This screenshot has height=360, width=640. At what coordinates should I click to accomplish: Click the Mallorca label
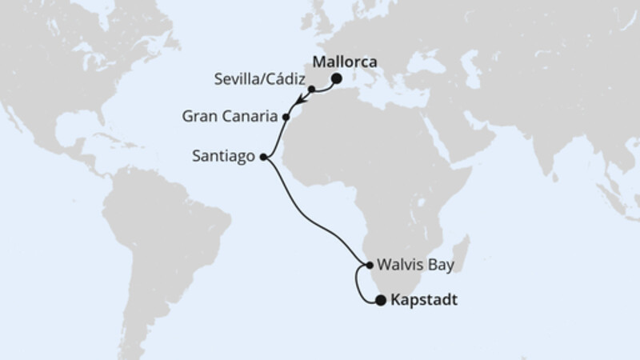pos(345,61)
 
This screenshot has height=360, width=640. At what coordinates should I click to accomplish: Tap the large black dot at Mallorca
pos(337,78)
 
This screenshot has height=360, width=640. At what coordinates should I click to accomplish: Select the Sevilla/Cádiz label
pos(260,79)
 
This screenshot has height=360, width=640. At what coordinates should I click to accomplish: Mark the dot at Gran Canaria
pos(286,117)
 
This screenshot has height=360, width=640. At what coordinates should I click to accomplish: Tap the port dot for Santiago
pos(263,158)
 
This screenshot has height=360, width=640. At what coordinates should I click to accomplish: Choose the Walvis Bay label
pos(414,263)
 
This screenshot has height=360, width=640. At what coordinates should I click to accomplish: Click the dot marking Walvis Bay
pos(368,265)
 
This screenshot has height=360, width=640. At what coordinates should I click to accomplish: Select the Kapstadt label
pos(426,302)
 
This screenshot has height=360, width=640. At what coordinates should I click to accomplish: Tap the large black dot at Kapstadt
pos(380,301)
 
